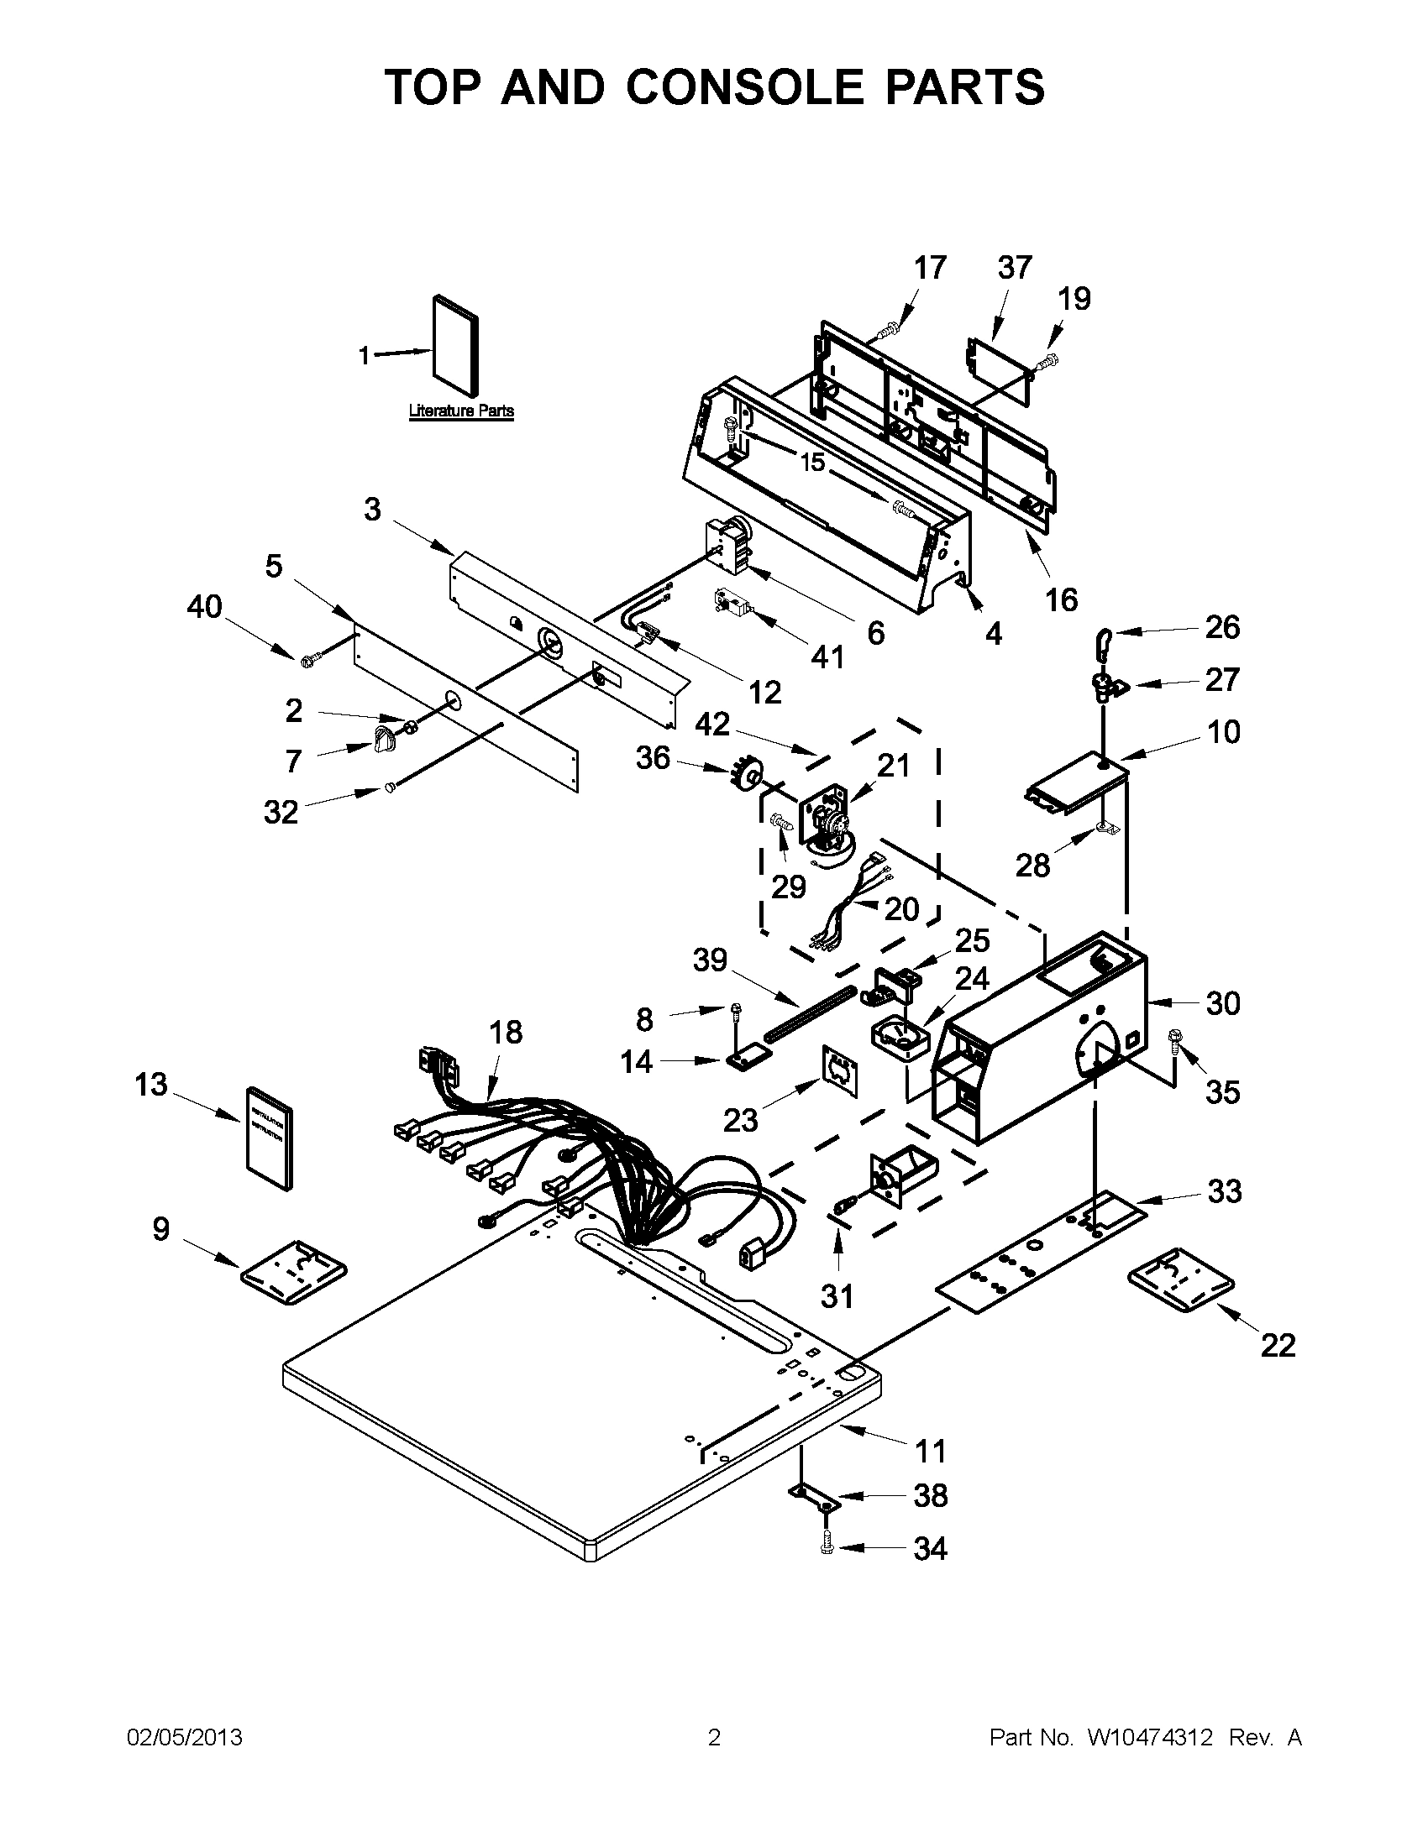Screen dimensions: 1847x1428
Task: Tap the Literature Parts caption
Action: click(461, 411)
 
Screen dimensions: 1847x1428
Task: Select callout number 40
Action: click(204, 606)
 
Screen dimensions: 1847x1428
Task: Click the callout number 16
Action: click(1061, 599)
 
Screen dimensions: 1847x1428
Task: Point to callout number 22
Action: click(1278, 1345)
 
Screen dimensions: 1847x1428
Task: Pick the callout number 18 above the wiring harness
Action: click(506, 1032)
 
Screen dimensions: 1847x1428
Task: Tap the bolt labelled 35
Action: click(1175, 1039)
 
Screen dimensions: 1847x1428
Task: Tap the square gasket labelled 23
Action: click(839, 1071)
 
